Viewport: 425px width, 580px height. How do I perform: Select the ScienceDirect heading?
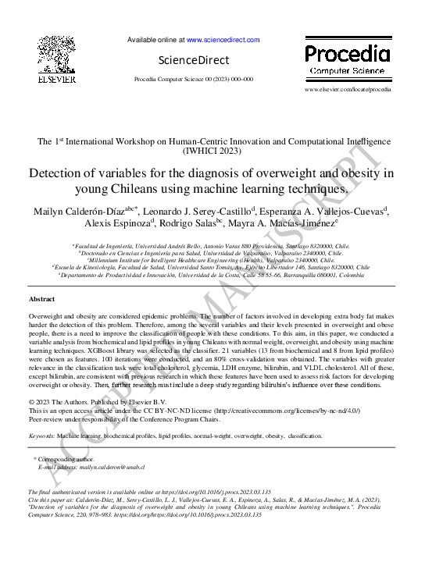tap(194, 60)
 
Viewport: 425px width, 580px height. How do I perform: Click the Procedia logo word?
tap(347, 54)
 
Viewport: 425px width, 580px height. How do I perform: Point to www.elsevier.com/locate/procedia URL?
tap(348, 90)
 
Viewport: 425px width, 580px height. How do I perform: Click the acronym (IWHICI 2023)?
tap(212, 150)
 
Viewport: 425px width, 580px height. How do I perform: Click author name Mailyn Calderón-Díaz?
tap(77, 211)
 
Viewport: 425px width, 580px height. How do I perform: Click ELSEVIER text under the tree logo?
tap(56, 79)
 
